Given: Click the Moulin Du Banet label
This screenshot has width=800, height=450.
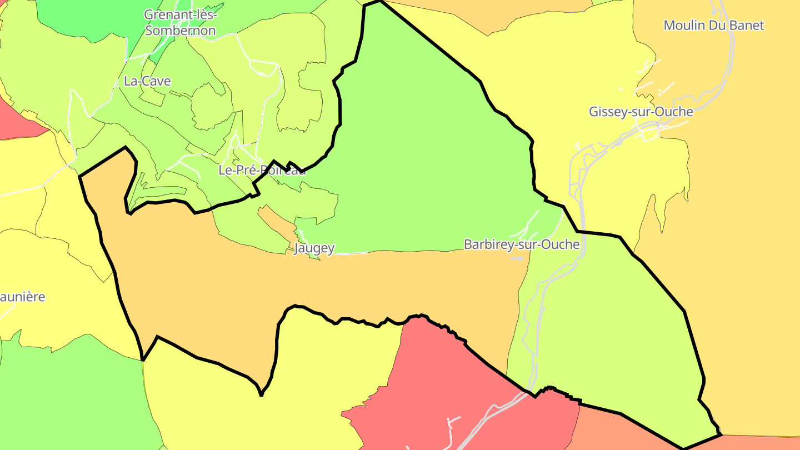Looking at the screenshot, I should click(x=714, y=25).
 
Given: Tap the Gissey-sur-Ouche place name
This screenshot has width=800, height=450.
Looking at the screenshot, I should click(x=641, y=112).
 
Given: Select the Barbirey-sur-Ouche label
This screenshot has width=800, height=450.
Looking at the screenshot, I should click(x=521, y=244).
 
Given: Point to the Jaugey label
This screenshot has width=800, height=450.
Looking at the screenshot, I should click(x=314, y=248).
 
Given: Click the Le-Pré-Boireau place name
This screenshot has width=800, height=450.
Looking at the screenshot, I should click(x=262, y=171).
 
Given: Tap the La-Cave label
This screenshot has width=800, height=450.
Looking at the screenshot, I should click(x=147, y=81).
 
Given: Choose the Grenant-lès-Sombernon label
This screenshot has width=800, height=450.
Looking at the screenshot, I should click(x=180, y=23).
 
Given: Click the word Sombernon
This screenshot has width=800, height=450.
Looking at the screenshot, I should click(x=180, y=31).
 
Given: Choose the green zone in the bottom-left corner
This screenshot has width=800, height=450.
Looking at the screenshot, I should click(x=72, y=400).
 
